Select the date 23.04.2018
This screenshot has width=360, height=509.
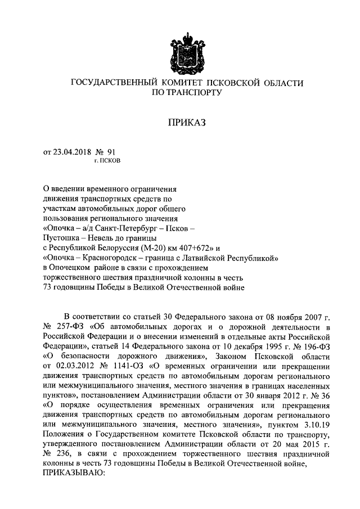[70, 151]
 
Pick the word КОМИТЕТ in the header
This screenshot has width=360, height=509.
[182, 83]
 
